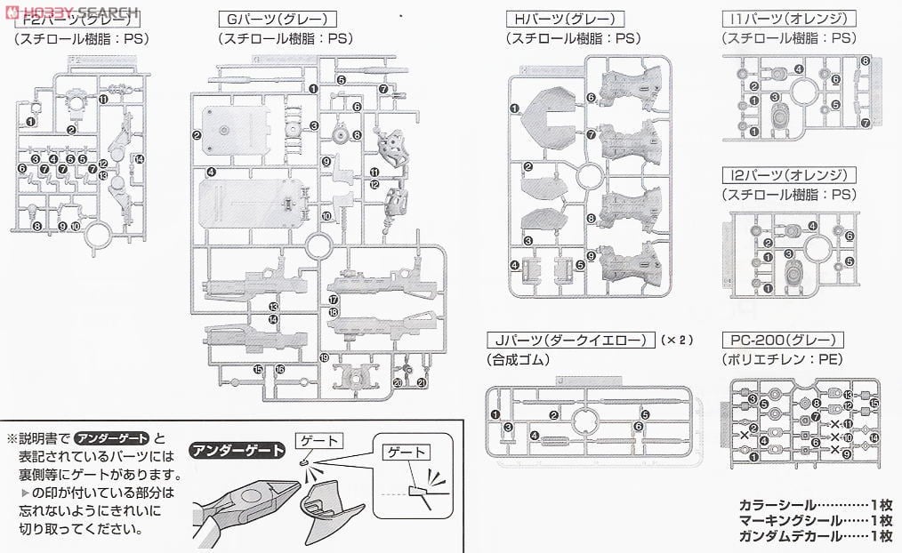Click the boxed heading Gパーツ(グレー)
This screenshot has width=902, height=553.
coord(266,18)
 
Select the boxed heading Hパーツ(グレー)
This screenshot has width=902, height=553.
coord(564,18)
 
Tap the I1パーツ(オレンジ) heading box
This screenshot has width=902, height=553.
coord(788,18)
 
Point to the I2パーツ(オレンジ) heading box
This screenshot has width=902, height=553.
coord(788,175)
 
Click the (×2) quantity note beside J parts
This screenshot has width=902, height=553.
coord(675,340)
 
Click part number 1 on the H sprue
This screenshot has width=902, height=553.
coord(514,108)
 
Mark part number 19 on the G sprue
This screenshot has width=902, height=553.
coord(324,357)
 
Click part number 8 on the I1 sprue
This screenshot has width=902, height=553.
coord(865,60)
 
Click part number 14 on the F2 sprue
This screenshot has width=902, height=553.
coord(140,159)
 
